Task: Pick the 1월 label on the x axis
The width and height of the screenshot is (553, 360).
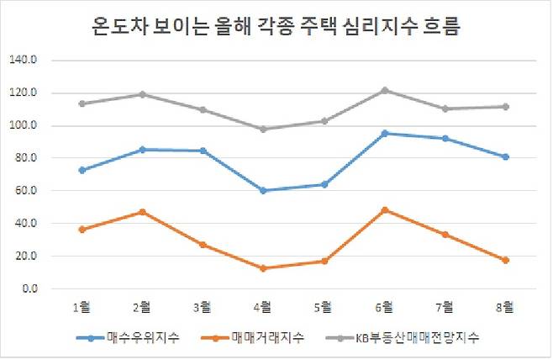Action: (x=82, y=305)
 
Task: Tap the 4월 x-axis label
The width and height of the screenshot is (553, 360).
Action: (x=263, y=305)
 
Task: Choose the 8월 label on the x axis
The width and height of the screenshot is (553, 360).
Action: (x=505, y=305)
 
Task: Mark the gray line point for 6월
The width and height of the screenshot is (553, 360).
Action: (x=384, y=90)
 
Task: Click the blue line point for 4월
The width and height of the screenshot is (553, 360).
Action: (x=263, y=190)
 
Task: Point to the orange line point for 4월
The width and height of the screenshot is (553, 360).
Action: (x=263, y=268)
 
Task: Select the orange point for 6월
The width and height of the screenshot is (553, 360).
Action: (x=384, y=210)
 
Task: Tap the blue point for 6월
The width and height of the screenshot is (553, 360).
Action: (x=384, y=133)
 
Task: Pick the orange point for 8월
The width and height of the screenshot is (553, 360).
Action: (x=505, y=260)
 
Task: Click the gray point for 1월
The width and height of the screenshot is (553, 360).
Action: (x=82, y=103)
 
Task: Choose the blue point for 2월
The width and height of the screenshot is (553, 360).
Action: (x=142, y=150)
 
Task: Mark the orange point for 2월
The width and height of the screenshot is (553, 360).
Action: (x=142, y=212)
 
